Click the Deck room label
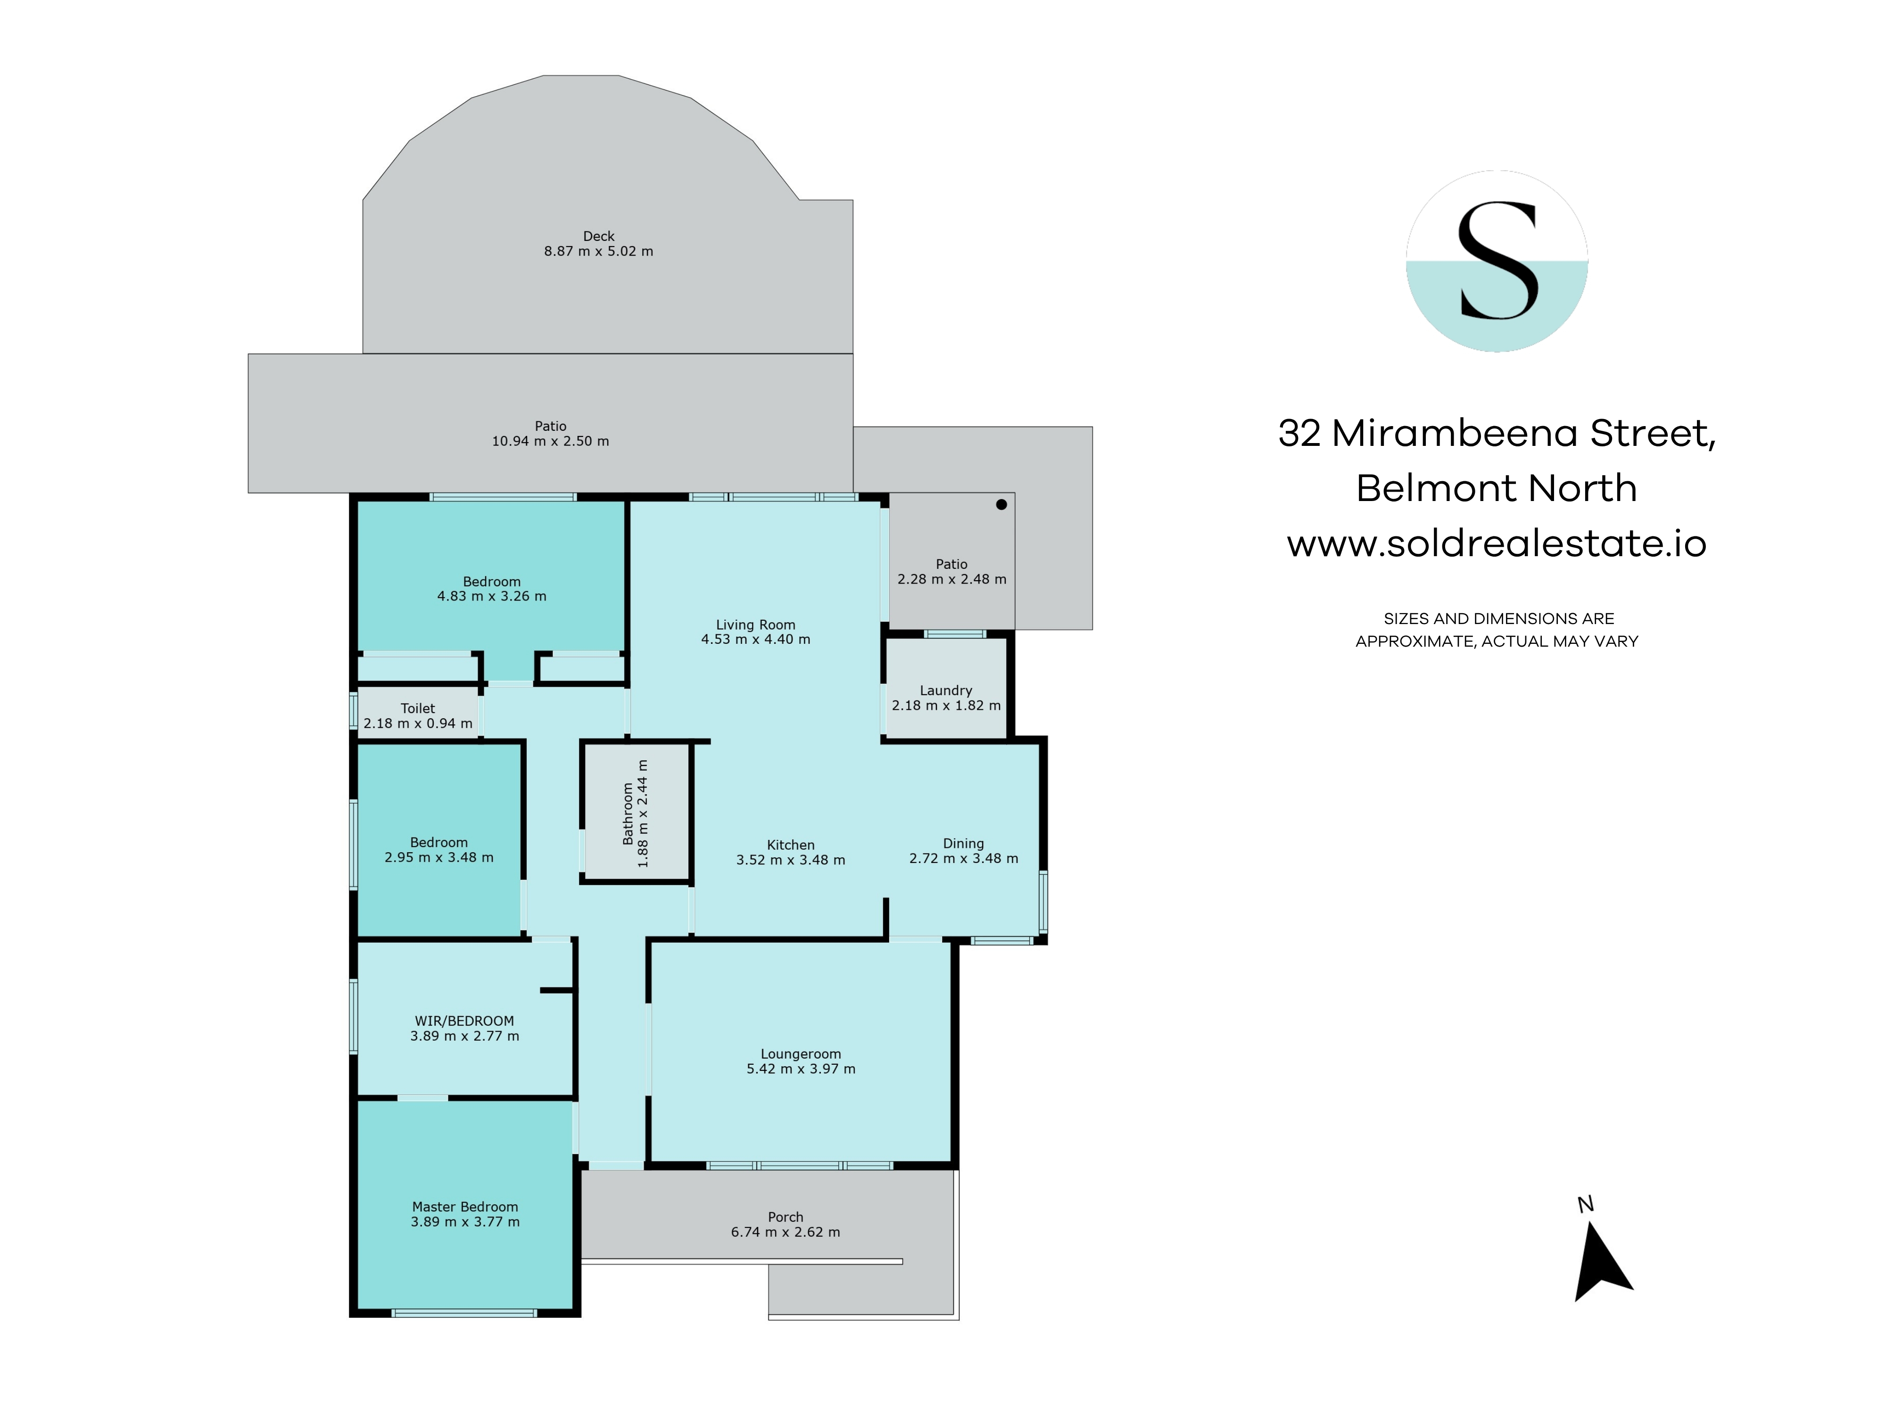tap(598, 236)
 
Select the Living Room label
tap(755, 625)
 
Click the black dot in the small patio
tap(1002, 505)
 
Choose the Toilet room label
tap(418, 708)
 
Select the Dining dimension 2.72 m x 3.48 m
tap(963, 858)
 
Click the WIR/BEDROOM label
tap(465, 1021)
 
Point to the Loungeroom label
tap(801, 1054)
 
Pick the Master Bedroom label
tap(465, 1207)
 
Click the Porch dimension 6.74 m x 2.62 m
tap(785, 1233)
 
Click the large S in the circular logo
tap(1498, 260)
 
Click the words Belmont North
tap(1497, 488)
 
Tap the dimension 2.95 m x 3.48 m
tap(439, 857)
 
